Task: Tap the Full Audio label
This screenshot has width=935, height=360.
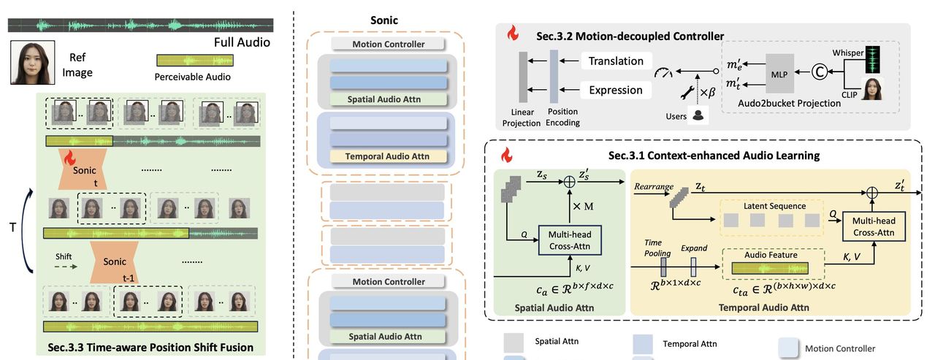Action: point(242,42)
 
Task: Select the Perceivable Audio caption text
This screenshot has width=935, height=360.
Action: point(193,76)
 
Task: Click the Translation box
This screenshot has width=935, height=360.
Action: point(617,61)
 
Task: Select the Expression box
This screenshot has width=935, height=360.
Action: point(617,90)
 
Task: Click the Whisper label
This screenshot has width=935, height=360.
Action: point(846,53)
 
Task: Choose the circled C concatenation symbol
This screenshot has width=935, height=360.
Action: point(820,72)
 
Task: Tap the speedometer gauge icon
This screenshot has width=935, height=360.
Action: point(664,73)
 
